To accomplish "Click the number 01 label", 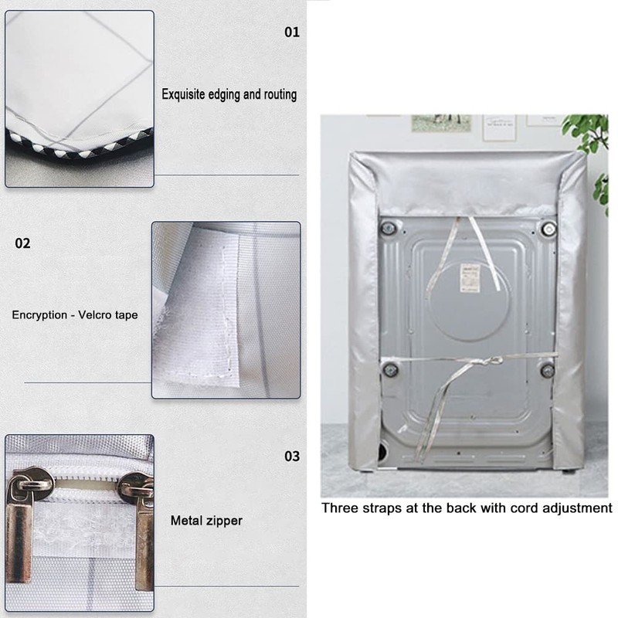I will tap(291, 32).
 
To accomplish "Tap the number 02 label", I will tap(23, 243).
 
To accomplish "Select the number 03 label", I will tap(291, 456).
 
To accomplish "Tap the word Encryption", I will tap(39, 315).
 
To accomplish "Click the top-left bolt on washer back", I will tap(389, 228).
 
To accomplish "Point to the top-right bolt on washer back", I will tap(548, 228).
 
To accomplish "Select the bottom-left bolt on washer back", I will tap(391, 369).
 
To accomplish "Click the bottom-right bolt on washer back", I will tap(547, 370).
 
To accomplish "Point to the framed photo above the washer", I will tap(441, 123).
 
